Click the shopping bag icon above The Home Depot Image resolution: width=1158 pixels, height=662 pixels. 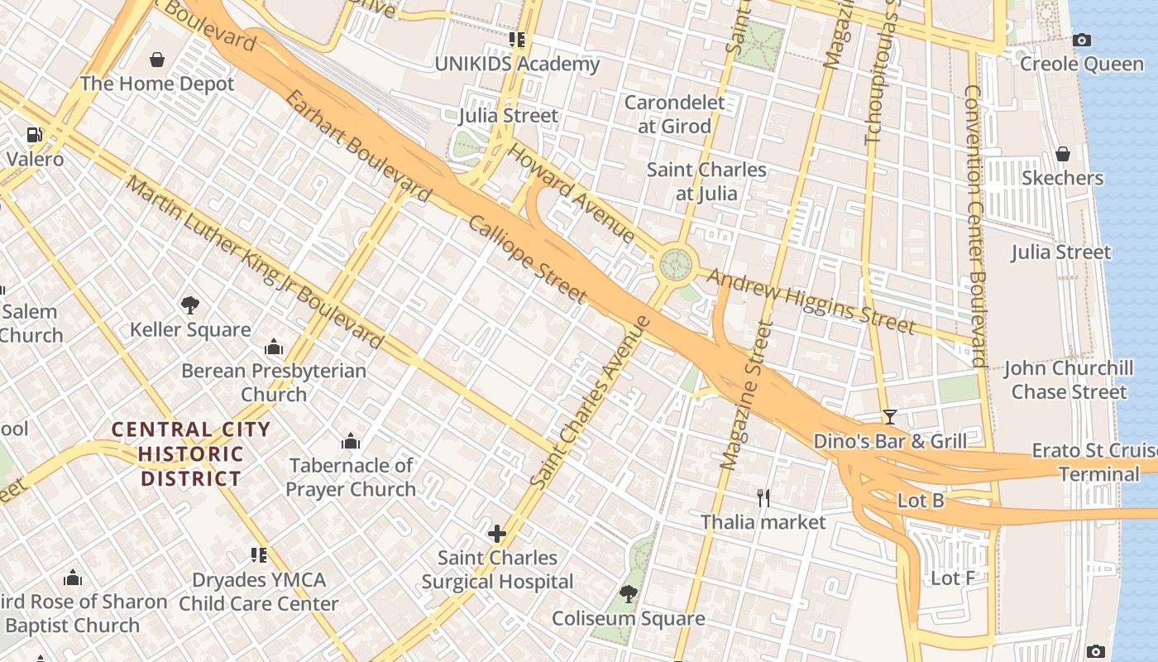click(x=157, y=60)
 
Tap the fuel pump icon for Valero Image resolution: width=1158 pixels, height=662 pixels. click(x=35, y=134)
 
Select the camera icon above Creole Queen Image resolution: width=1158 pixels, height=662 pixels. click(x=1080, y=40)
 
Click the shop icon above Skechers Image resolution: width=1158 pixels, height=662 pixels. click(x=1063, y=154)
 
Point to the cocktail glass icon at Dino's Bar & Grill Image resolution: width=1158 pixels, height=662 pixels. click(x=889, y=417)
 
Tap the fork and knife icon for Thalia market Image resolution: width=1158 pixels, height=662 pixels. click(x=763, y=497)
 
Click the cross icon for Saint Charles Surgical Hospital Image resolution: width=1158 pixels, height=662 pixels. click(x=497, y=534)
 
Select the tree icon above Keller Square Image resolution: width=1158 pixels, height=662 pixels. click(x=190, y=305)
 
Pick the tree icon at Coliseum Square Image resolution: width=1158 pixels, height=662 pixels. click(x=629, y=594)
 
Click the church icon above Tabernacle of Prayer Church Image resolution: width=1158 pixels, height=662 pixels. click(x=352, y=441)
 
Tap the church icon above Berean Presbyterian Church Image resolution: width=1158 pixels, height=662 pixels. click(x=274, y=347)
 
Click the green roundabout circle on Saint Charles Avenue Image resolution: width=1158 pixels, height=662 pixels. click(x=676, y=266)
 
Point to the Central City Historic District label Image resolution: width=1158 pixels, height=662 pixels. click(x=191, y=453)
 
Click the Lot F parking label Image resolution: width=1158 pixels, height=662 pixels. click(x=952, y=578)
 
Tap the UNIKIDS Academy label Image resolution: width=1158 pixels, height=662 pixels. click(x=517, y=65)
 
